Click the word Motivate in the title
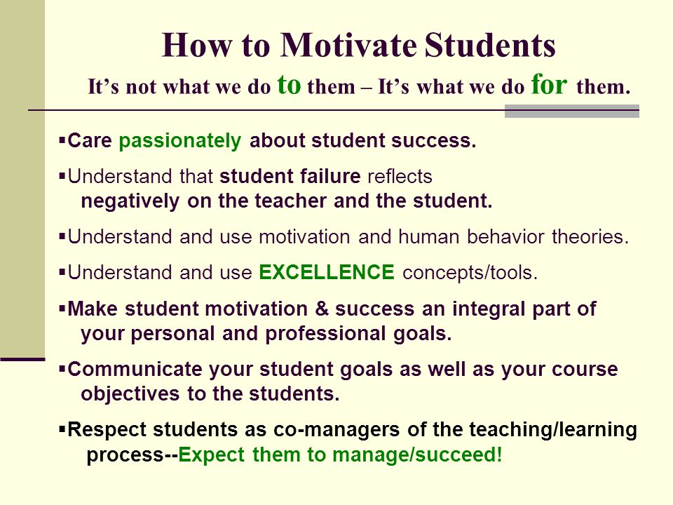pos(348,45)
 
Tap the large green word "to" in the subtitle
pos(290,84)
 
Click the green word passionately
pos(180,141)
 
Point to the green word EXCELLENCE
pos(327,272)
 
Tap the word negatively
pos(130,201)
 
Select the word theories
pos(590,236)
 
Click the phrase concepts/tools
pos(470,273)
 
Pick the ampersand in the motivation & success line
pos(322,309)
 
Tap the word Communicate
pos(135,369)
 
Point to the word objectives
pos(130,394)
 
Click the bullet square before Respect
pos(62,429)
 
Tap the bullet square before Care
pos(62,140)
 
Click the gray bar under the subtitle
pos(572,112)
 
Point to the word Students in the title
pos(490,45)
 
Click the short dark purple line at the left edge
pos(22,359)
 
